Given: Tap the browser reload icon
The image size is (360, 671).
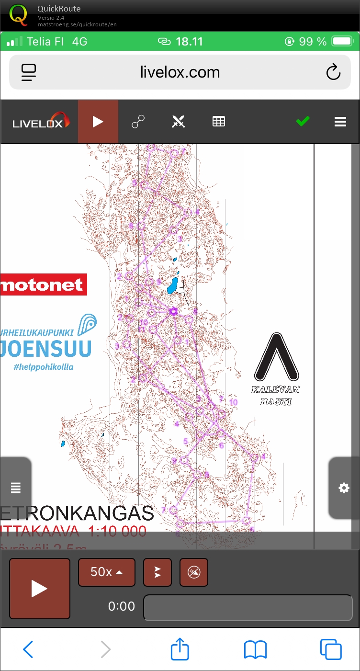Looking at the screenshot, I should (333, 72).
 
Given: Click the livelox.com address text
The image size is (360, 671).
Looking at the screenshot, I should (180, 72).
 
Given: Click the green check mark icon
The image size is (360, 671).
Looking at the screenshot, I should (303, 122).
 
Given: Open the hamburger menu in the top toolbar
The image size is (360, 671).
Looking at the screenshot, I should (340, 122).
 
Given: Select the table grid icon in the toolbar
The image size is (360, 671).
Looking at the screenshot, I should (219, 122).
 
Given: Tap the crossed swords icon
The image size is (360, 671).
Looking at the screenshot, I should (178, 122).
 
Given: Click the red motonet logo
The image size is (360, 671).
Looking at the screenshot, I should (43, 285).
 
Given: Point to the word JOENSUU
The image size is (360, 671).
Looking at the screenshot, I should (45, 349).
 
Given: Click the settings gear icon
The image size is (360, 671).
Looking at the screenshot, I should (344, 488).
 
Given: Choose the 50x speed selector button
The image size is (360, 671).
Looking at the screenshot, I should (106, 572).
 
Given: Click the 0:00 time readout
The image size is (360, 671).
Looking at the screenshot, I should (122, 606).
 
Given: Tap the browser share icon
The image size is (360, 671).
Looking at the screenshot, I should (180, 649).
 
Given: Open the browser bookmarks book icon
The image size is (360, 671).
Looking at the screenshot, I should (255, 650).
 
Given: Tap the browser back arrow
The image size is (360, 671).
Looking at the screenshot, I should (28, 649).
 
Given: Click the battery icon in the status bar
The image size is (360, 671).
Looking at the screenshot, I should (342, 42).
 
